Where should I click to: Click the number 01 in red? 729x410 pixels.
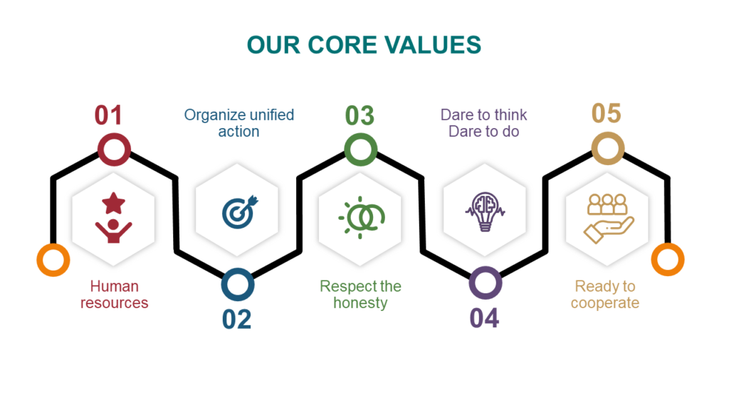click(108, 115)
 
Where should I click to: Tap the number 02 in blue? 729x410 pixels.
click(236, 320)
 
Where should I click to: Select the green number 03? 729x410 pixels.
click(360, 116)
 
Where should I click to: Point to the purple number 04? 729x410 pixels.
click(484, 318)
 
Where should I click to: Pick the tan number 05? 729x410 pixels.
click(607, 113)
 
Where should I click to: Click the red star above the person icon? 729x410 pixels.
click(113, 203)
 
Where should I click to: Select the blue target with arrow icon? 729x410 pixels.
click(240, 212)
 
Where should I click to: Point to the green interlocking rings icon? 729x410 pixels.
click(361, 218)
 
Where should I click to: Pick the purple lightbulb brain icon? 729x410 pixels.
click(485, 212)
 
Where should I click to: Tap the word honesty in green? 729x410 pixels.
click(360, 303)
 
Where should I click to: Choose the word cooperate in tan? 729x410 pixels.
click(605, 303)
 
